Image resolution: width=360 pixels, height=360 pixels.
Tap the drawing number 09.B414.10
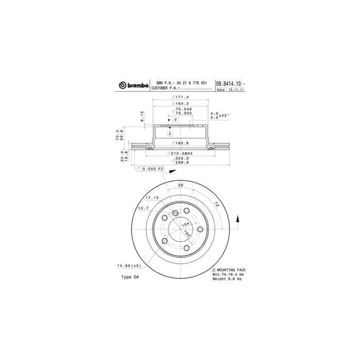[x=228, y=83]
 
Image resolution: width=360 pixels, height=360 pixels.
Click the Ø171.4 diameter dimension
[x=181, y=97]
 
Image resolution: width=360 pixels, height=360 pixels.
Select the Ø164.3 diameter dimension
[x=181, y=103]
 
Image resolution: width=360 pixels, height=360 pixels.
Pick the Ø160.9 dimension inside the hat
[x=181, y=143]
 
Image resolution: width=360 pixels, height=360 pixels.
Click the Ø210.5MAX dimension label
[x=179, y=154]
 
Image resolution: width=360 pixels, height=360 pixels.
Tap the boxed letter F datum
[x=175, y=120]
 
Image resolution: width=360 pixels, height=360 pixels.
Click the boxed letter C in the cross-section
[x=170, y=133]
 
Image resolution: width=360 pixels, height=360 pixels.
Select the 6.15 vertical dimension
[x=142, y=116]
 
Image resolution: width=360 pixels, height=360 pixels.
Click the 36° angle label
[x=181, y=185]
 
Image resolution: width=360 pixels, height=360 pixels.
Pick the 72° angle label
[x=217, y=205]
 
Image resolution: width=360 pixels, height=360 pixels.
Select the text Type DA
[x=130, y=277]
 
